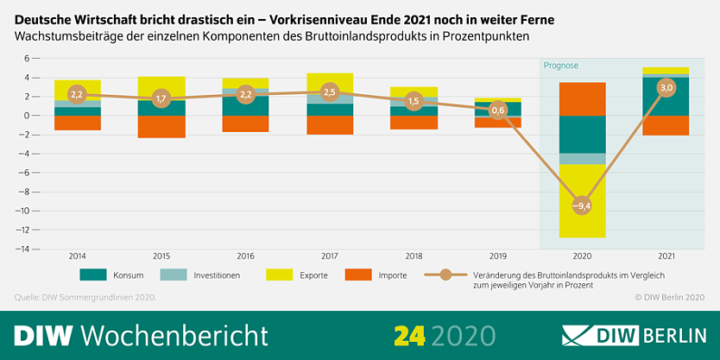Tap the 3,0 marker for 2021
(666, 87)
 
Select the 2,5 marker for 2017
(329, 92)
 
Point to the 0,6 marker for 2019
(497, 111)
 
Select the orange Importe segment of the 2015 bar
(161, 126)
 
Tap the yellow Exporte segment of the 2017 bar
(329, 80)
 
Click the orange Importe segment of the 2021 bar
(666, 125)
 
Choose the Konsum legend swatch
(92, 275)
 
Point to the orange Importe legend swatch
(357, 275)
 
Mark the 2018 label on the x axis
(413, 256)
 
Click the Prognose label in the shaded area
(561, 66)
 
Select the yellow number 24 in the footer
(410, 335)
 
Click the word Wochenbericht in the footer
(179, 335)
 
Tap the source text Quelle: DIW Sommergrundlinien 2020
(85, 297)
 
